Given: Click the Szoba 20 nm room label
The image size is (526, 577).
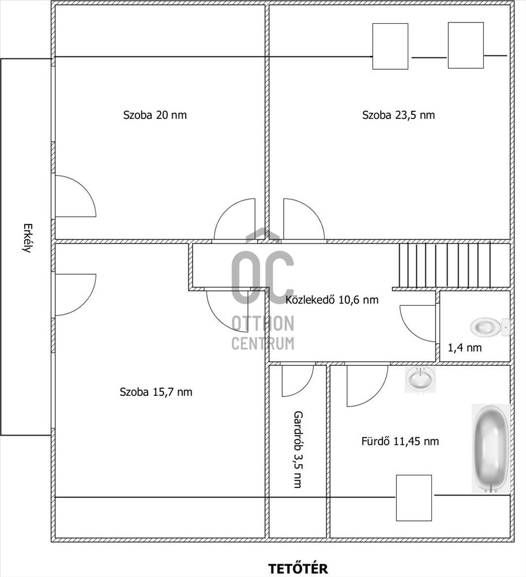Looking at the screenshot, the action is [155, 115].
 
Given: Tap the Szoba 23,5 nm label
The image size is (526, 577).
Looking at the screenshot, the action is [399, 115].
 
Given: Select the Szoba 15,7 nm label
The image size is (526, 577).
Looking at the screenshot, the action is [156, 392].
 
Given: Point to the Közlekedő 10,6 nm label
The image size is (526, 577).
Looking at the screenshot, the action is [332, 299].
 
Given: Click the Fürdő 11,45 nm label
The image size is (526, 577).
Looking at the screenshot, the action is [400, 441].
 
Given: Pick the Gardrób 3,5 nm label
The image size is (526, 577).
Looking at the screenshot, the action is [298, 449].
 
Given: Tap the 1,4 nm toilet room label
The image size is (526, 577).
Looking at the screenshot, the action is [464, 347].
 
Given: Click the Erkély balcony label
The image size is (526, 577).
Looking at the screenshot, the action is [26, 238].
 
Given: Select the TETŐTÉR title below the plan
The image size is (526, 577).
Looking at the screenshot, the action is [298, 568].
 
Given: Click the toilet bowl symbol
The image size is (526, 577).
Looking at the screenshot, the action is [490, 327].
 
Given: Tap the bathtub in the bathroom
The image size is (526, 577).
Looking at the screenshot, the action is [491, 448].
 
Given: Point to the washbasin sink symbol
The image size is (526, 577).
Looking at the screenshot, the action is [420, 379].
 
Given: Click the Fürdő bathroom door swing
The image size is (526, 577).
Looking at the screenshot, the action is [367, 385].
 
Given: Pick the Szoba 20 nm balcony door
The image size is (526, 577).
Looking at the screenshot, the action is [76, 196].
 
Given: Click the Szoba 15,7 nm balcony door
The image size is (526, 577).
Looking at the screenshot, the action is [76, 295].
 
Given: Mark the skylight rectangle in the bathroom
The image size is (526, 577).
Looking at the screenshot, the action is [414, 498].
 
